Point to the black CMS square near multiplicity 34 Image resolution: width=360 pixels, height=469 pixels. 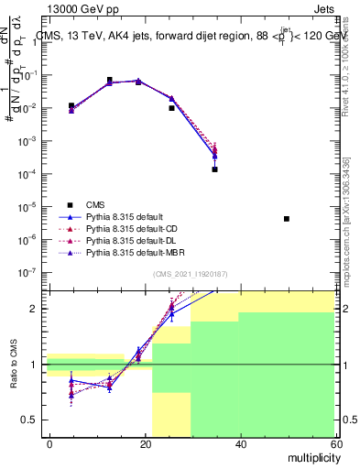214,169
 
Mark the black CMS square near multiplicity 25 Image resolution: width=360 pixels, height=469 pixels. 171,108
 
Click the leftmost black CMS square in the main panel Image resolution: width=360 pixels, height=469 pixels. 71,105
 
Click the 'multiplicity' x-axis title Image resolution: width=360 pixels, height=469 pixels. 311,456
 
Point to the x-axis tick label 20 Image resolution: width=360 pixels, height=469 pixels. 146,443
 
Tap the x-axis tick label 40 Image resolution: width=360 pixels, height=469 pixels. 240,443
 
